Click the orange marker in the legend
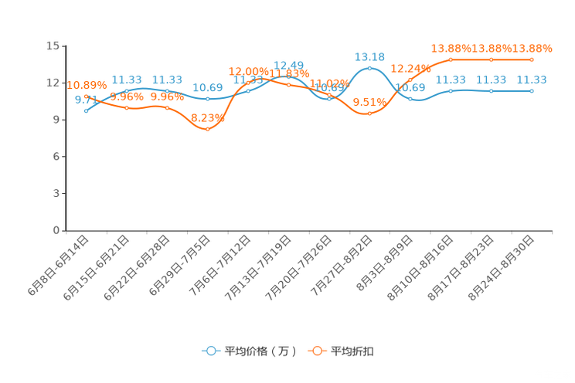pyautogui.click(x=317, y=351)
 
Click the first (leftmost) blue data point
pyautogui.click(x=86, y=111)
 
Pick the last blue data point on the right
pyautogui.click(x=532, y=90)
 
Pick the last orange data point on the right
pyautogui.click(x=532, y=59)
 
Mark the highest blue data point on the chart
pyautogui.click(x=370, y=68)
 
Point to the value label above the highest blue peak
pyautogui.click(x=369, y=56)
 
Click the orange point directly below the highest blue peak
pyautogui.click(x=370, y=114)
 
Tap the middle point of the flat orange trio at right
pyautogui.click(x=491, y=59)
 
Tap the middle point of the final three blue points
pyautogui.click(x=491, y=90)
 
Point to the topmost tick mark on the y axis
pyautogui.click(x=63, y=46)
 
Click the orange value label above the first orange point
pyautogui.click(x=87, y=84)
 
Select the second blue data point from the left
pyautogui.click(x=126, y=91)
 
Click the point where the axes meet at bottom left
pyautogui.click(x=66, y=230)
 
